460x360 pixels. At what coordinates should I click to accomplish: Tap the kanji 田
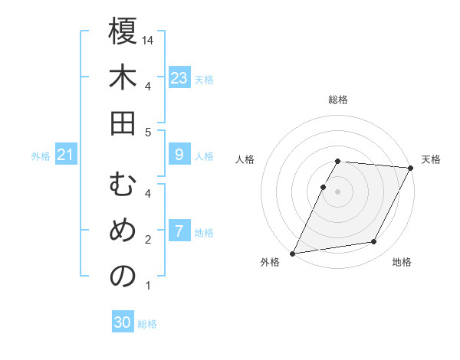pos(123,123)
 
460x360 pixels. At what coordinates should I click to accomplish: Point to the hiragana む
pos(123,185)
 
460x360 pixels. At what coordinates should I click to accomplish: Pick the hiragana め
pos(123,231)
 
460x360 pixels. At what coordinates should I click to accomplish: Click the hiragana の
pos(123,277)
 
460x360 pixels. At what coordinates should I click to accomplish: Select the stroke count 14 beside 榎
pos(149,39)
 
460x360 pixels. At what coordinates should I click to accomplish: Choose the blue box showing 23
pos(179,77)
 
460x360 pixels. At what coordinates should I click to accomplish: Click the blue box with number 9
pos(179,155)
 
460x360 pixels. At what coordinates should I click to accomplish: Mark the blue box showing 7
pos(179,231)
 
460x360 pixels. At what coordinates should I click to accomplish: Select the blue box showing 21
pos(65,155)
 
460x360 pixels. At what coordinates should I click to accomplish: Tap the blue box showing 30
pos(123,322)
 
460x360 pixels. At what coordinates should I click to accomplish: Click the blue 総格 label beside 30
pos(147,324)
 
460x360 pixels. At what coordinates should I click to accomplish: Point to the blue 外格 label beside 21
pos(41,156)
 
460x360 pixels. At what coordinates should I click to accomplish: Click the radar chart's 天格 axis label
pos(431,159)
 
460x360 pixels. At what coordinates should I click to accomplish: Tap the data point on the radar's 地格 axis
pos(374,242)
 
